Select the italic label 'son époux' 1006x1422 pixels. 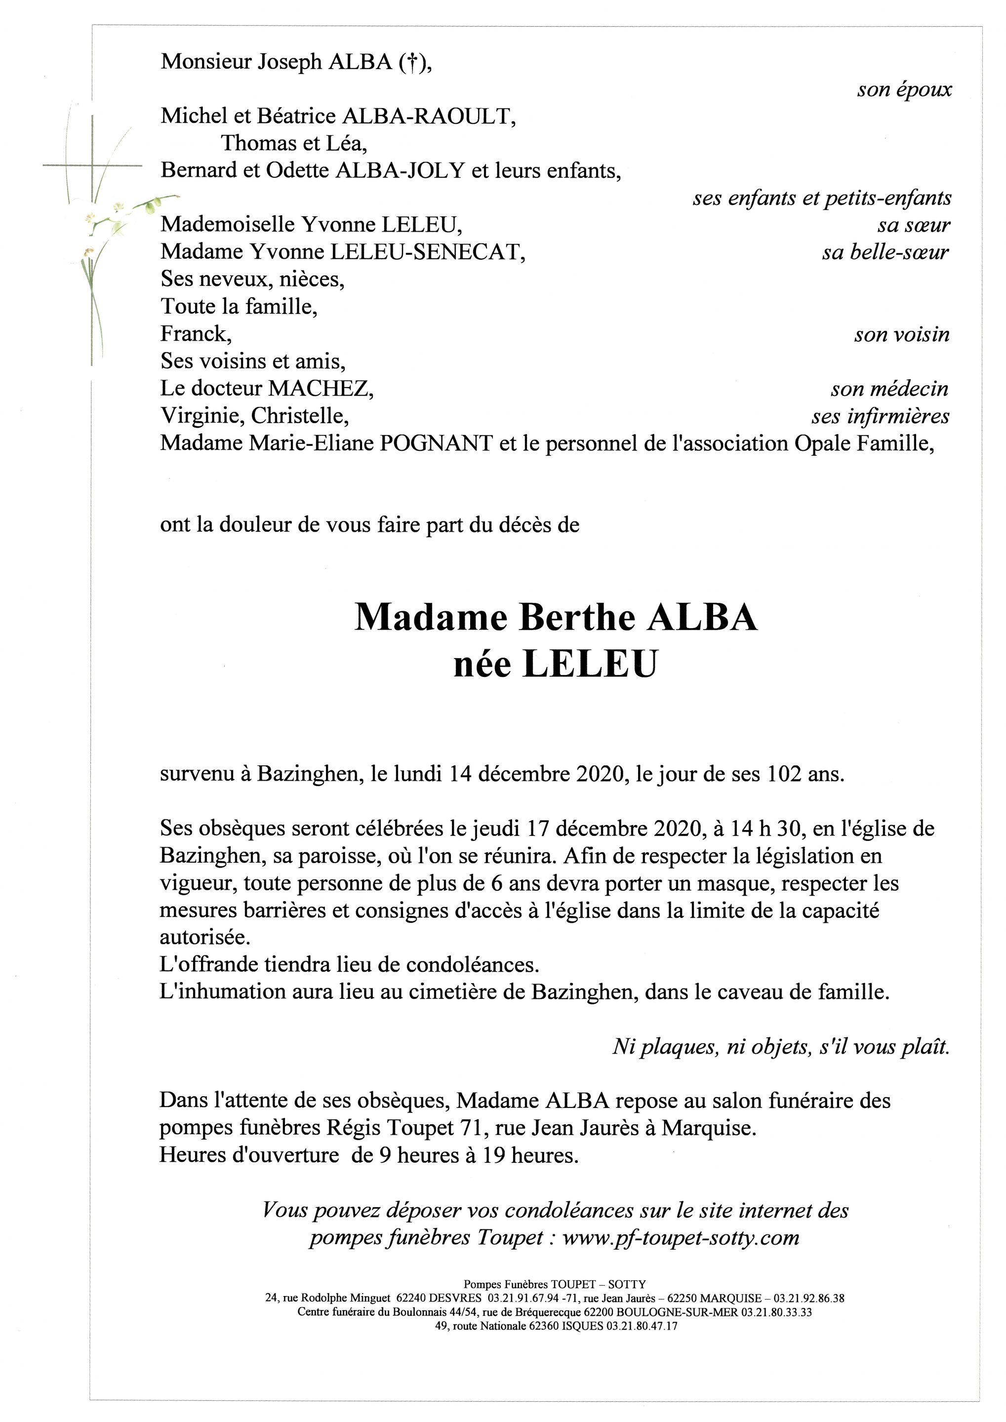point(904,90)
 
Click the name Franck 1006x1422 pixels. point(195,334)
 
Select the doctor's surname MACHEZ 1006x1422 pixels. point(320,388)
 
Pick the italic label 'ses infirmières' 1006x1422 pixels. point(880,416)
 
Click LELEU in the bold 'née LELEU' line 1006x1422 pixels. point(589,665)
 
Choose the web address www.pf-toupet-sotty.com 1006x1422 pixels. point(681,1237)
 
